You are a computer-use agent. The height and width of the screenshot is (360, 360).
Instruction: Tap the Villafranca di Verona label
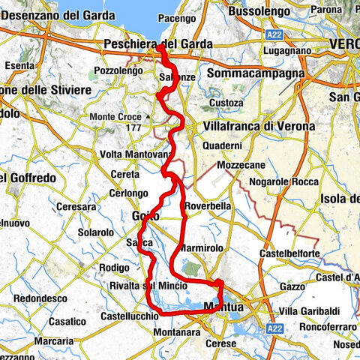click(259, 126)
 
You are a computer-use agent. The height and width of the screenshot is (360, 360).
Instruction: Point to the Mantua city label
click(230, 306)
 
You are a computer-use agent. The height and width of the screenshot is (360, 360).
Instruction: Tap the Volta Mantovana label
click(135, 154)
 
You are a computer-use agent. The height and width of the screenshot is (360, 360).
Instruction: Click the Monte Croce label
click(117, 117)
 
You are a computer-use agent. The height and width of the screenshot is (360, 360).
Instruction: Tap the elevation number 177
click(135, 128)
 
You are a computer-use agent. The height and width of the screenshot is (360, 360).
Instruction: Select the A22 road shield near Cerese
click(271, 328)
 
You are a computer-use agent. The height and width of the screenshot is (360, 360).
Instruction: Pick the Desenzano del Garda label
click(54, 13)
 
